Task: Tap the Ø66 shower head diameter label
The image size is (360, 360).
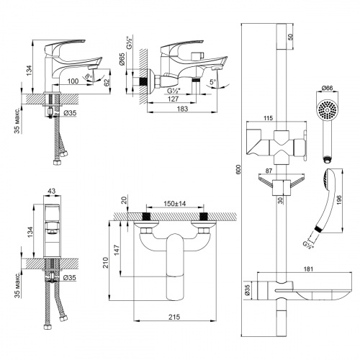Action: [327, 89]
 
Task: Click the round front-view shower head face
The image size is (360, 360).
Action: [327, 111]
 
